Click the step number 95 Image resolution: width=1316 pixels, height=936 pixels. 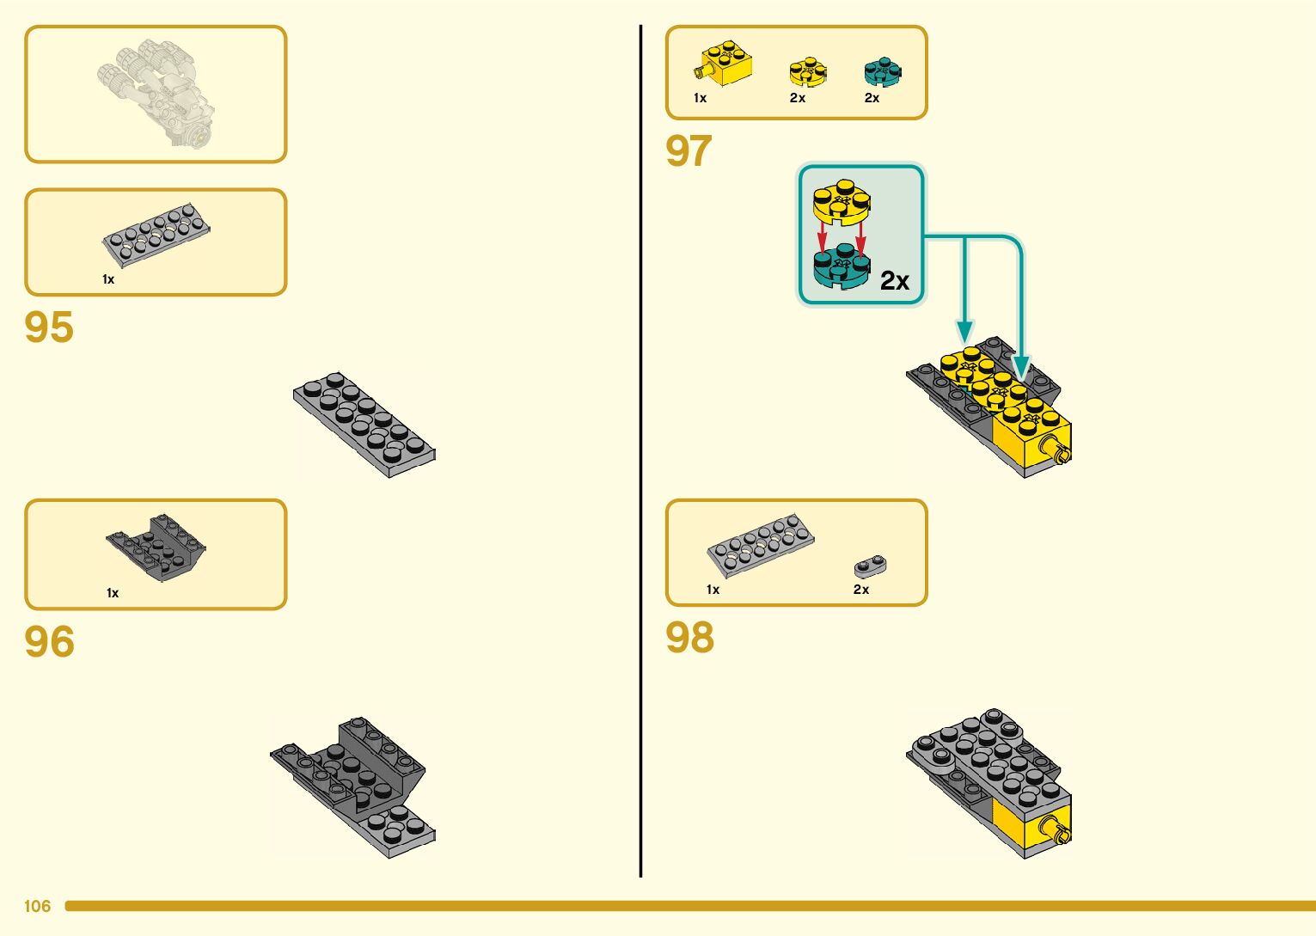49,327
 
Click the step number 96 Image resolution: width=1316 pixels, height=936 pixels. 49,642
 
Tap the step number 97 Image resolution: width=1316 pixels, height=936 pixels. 689,151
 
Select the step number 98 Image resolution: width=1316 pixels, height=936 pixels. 689,638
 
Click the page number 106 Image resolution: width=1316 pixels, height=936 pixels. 37,906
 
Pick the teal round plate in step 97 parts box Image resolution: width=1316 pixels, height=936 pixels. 882,72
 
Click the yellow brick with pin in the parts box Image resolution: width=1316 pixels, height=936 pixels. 725,64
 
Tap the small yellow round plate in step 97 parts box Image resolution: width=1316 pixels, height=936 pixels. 808,72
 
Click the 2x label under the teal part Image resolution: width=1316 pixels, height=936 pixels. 872,98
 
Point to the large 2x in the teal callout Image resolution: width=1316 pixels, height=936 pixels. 894,281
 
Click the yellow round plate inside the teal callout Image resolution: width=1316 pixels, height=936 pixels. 842,201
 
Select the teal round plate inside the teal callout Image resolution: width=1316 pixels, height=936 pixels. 842,265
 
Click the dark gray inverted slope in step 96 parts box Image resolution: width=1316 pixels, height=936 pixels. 156,547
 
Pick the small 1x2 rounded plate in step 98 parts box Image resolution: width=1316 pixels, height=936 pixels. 870,566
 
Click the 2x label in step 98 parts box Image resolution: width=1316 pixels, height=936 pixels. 860,590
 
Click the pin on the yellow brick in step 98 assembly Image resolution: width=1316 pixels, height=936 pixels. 1056,830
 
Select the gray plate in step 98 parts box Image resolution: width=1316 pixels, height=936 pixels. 760,545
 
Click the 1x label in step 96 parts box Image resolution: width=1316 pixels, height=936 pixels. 113,593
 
